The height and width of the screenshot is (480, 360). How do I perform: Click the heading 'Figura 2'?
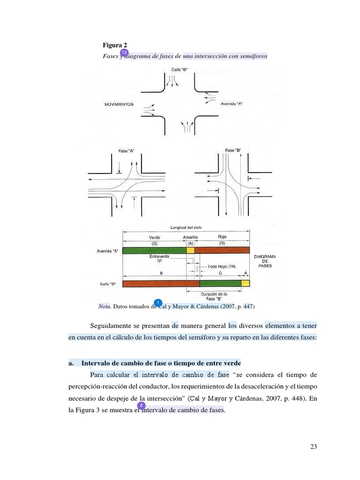click(x=115, y=45)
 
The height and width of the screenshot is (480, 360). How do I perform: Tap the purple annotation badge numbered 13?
click(x=124, y=52)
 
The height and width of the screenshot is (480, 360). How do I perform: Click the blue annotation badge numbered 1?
click(x=158, y=302)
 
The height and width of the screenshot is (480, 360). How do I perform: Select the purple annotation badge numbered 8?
click(x=141, y=405)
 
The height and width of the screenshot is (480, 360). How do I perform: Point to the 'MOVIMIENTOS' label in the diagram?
click(x=119, y=104)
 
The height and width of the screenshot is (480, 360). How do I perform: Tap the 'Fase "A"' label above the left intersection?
click(x=127, y=151)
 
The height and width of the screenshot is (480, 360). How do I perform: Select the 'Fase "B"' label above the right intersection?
click(x=233, y=150)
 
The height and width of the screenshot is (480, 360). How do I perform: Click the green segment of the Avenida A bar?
click(x=154, y=250)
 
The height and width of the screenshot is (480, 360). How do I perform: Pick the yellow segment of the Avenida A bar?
click(x=190, y=250)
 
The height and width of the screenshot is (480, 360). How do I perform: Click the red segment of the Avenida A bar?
click(x=222, y=250)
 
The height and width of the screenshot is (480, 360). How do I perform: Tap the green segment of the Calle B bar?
click(x=220, y=284)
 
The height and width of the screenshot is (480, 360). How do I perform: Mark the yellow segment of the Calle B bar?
click(x=245, y=284)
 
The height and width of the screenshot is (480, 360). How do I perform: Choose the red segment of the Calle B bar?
click(x=161, y=284)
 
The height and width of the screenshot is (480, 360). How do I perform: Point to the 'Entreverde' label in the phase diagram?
click(x=159, y=256)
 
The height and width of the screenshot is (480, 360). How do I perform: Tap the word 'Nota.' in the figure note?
click(x=105, y=306)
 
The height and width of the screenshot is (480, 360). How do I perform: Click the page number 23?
click(x=314, y=447)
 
